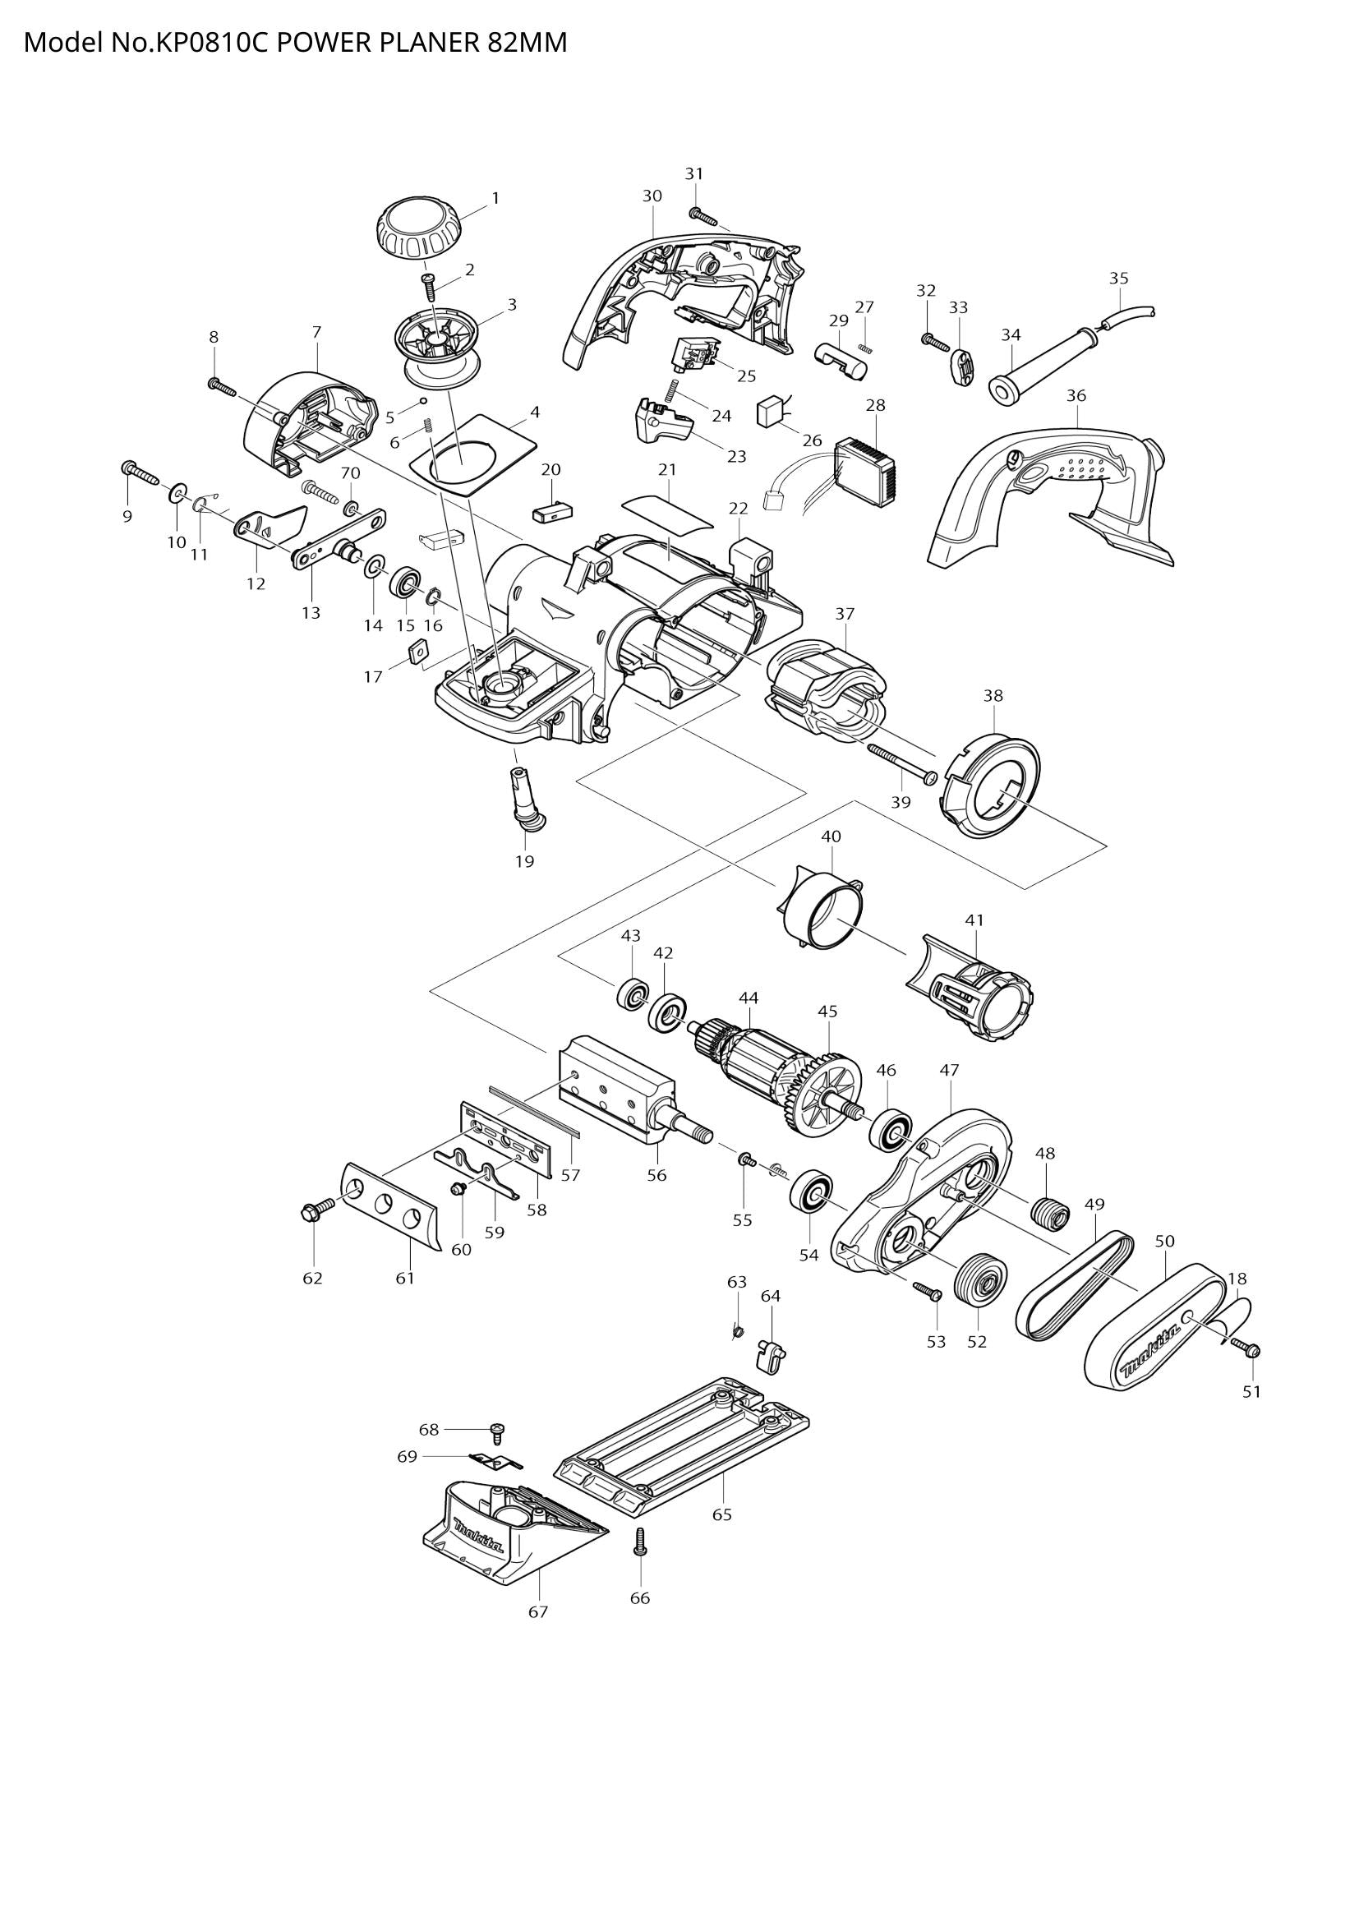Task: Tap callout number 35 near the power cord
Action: pyautogui.click(x=1119, y=278)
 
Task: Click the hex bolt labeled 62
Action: pyautogui.click(x=316, y=1208)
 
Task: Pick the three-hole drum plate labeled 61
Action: pyautogui.click(x=391, y=1205)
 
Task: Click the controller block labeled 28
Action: pyautogui.click(x=866, y=475)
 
